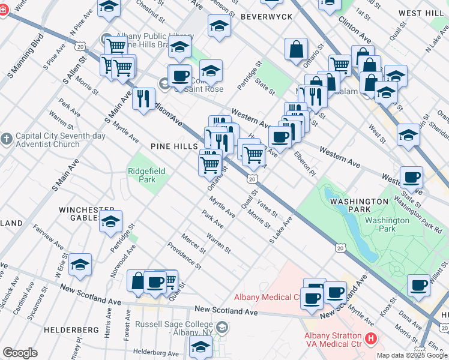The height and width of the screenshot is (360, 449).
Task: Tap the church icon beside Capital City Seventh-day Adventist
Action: pos(7,139)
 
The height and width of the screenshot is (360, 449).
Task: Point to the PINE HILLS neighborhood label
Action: pos(175,146)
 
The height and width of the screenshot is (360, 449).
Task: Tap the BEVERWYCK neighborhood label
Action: pos(266,17)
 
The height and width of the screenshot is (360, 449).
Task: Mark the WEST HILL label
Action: pos(420,13)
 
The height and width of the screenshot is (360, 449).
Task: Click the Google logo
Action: pos(20,353)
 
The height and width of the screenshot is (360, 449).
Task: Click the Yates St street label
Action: pos(268,208)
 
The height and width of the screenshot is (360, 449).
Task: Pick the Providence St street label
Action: pos(184,255)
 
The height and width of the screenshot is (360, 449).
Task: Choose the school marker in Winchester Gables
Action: pos(110,221)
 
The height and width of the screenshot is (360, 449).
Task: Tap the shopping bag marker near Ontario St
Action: pos(297,50)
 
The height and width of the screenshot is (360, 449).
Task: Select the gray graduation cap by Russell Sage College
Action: pos(223,327)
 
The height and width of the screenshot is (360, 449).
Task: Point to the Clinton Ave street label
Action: pos(355,28)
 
